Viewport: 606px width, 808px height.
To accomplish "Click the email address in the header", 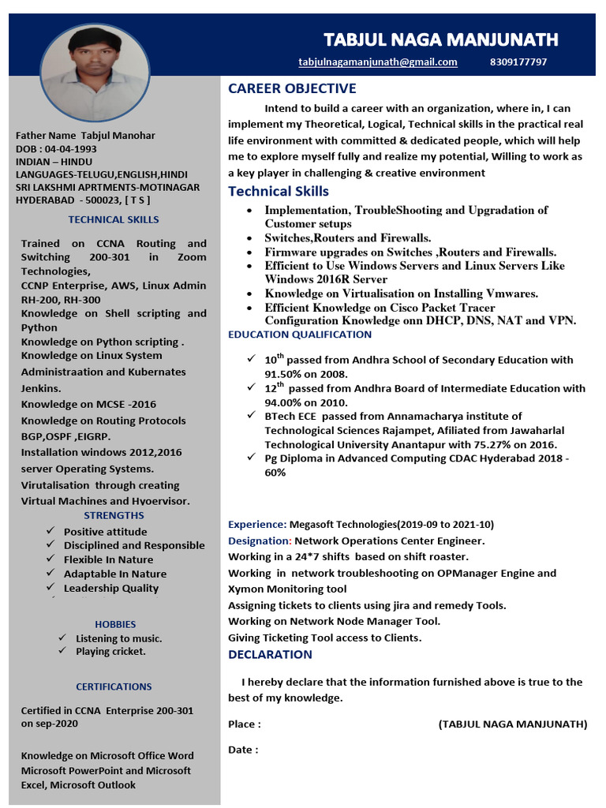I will click(378, 62).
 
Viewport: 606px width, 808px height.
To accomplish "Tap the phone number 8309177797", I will click(518, 62).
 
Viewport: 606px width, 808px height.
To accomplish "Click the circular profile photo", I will click(95, 71).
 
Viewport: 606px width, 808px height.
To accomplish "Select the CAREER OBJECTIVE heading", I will click(292, 88).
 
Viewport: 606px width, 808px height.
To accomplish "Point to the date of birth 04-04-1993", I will click(71, 149).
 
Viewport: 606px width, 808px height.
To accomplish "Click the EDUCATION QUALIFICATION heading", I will click(300, 335).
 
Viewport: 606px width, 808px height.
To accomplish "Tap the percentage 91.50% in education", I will click(284, 374).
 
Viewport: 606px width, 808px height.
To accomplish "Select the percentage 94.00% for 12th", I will click(285, 402).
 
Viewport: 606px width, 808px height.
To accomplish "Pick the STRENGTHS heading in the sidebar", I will click(114, 515).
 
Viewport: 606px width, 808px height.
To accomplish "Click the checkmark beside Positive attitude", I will click(50, 532).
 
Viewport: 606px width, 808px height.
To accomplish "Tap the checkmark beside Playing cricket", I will click(62, 651).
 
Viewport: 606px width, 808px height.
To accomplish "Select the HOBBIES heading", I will click(115, 624).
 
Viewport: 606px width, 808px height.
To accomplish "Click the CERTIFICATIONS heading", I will click(114, 686).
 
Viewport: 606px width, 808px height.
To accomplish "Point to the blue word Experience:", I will click(257, 524).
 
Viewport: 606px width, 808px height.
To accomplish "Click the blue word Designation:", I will click(260, 541).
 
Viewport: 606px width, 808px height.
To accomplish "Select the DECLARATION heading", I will click(270, 654).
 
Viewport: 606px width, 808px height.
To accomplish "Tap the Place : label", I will click(245, 724).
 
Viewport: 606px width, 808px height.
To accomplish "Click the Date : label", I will click(243, 750).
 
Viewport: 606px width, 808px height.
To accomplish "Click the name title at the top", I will click(441, 39).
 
